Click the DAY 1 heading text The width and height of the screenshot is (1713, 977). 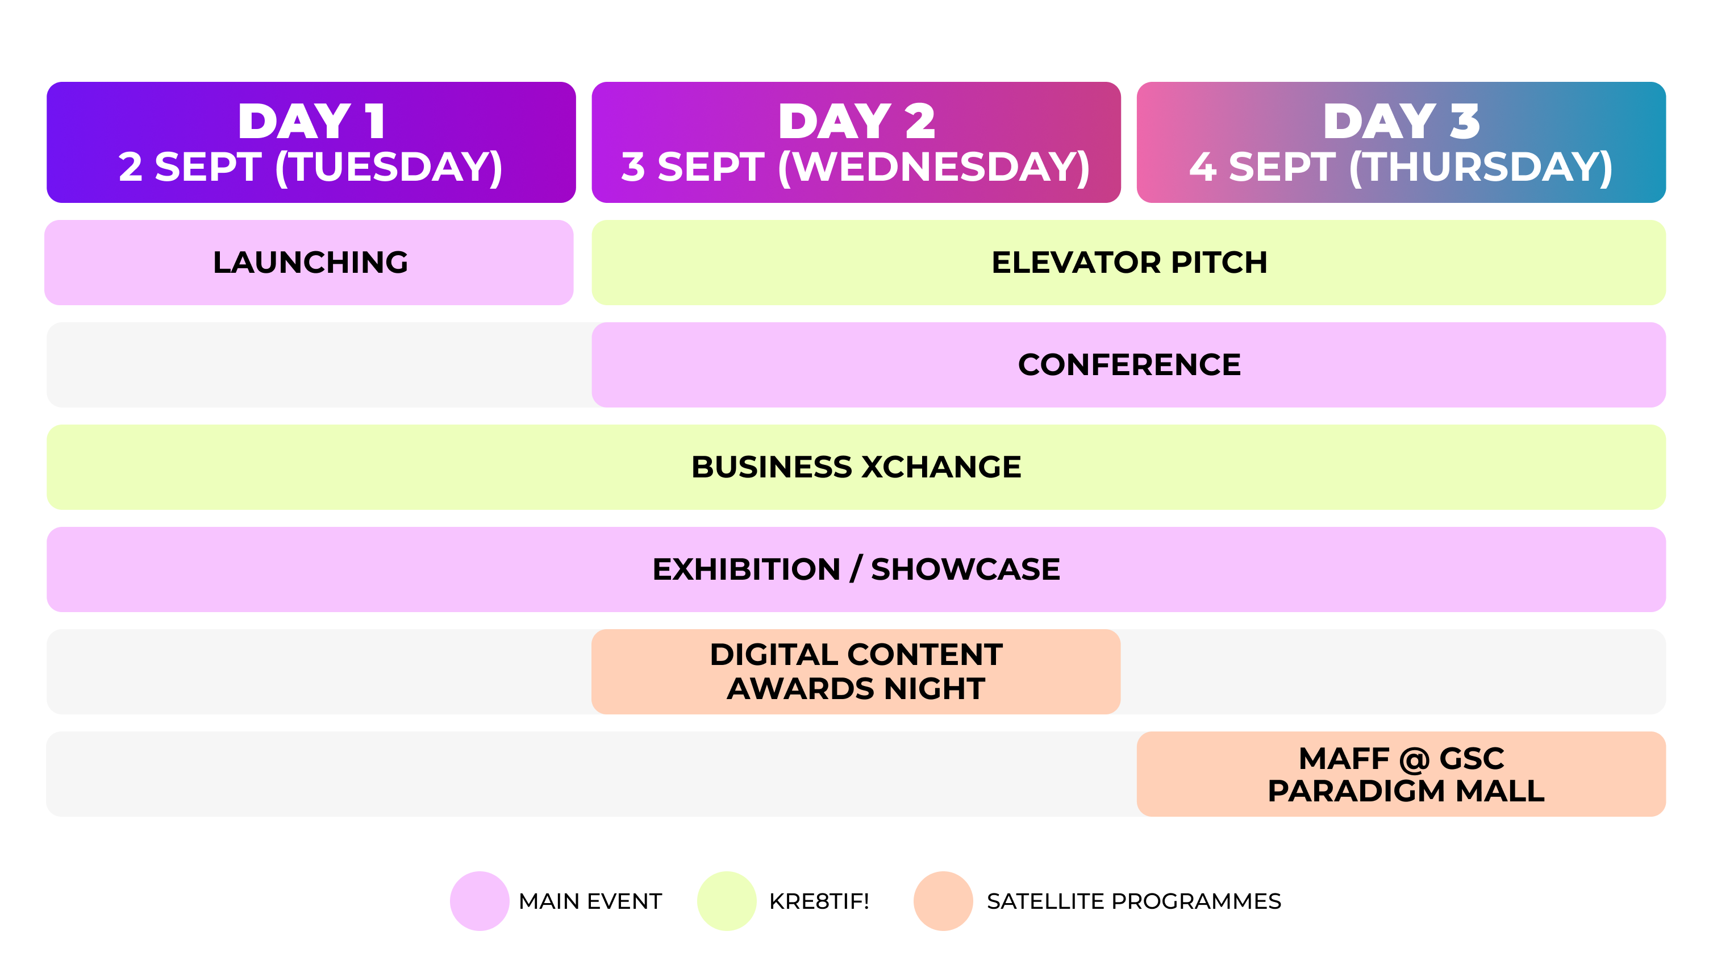(x=311, y=122)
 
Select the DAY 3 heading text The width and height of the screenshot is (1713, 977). (x=1401, y=122)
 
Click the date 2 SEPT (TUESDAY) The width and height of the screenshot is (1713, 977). (x=311, y=167)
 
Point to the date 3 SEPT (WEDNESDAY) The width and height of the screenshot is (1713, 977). (x=856, y=167)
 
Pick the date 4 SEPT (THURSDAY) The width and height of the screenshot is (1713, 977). (x=1401, y=167)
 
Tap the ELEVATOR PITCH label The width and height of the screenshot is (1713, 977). (x=1130, y=263)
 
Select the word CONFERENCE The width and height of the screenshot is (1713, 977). (x=1130, y=365)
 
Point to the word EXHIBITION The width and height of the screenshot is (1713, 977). (x=746, y=569)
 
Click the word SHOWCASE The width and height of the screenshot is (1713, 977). (x=965, y=569)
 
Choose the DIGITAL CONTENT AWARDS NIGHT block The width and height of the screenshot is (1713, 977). (x=856, y=672)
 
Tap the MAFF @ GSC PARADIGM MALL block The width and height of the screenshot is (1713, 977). (x=1401, y=774)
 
